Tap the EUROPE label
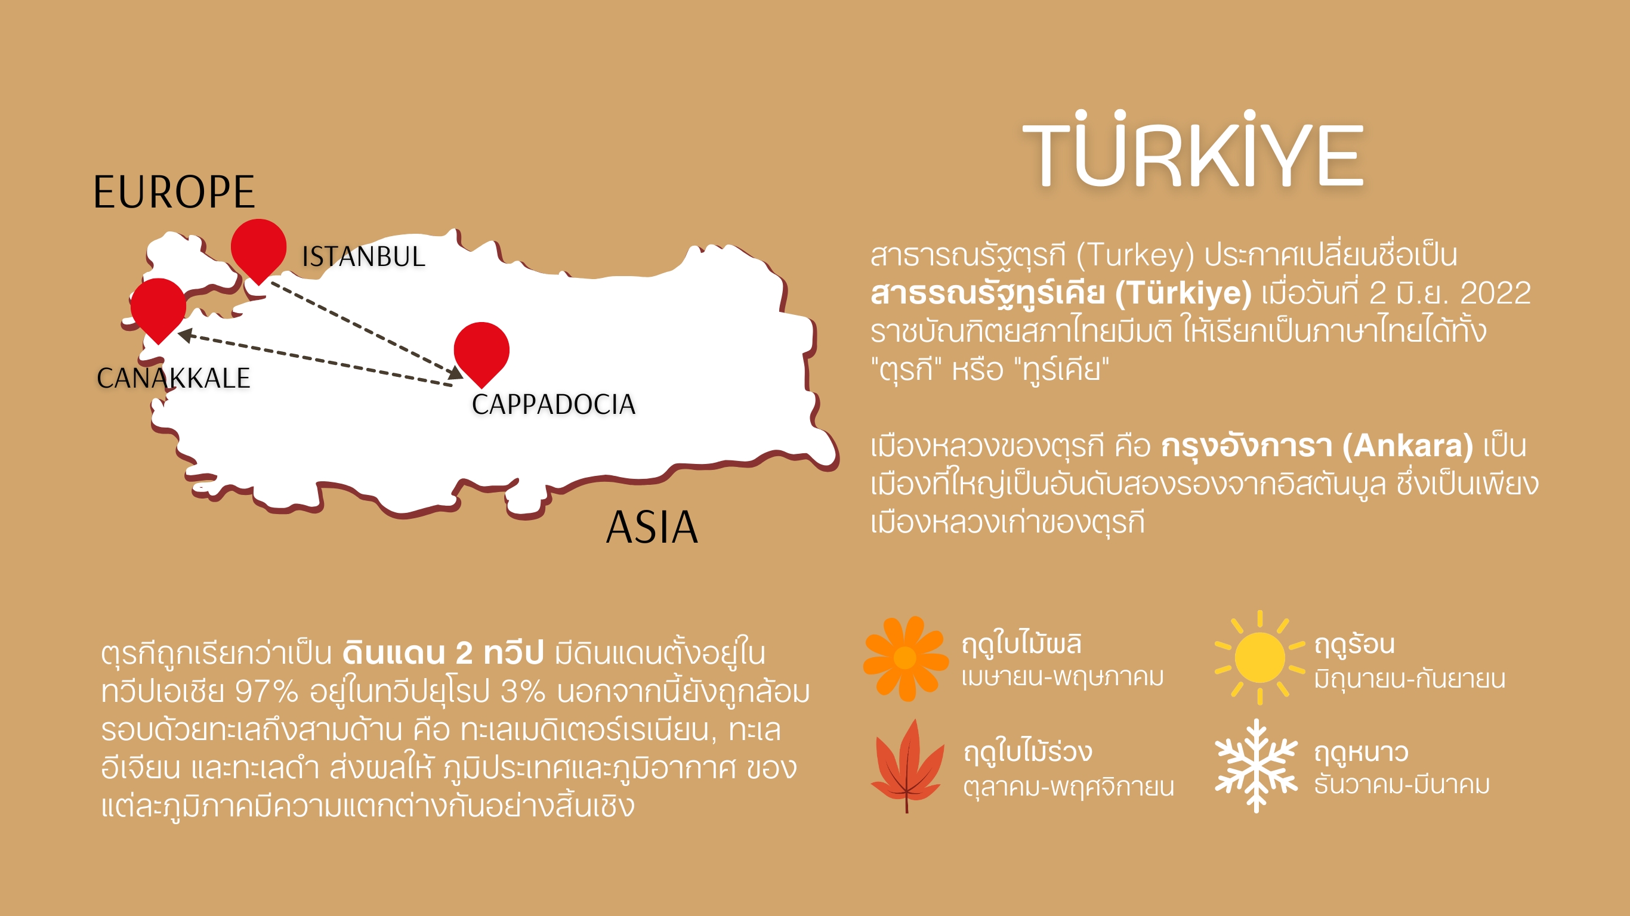174,191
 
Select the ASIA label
652,527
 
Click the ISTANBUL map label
363,256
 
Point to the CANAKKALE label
174,377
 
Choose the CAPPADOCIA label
554,404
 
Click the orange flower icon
906,658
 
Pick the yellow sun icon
1259,657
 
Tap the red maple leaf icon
907,766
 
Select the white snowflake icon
1256,766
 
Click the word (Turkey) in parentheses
1135,255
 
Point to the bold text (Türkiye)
1183,293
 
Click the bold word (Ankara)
1408,446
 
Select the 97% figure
266,691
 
